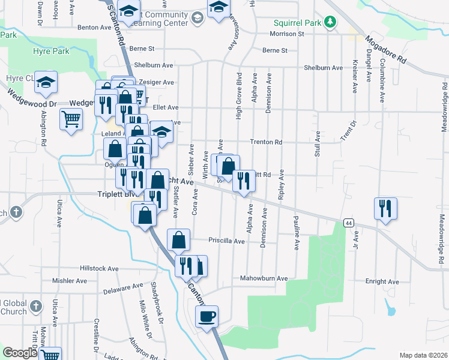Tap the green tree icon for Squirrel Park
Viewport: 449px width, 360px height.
tap(329, 23)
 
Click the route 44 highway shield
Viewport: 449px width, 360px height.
tap(348, 223)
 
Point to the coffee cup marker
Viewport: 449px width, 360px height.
tap(207, 316)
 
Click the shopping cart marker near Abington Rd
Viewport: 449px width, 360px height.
tap(71, 119)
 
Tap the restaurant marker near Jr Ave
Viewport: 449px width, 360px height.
tap(385, 209)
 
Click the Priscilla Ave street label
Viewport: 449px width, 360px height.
tap(226, 241)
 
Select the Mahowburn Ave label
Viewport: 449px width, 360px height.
tap(264, 278)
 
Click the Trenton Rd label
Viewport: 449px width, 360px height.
tap(266, 142)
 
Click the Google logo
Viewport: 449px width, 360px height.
tap(19, 353)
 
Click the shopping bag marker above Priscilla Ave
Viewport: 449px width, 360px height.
tap(179, 240)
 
